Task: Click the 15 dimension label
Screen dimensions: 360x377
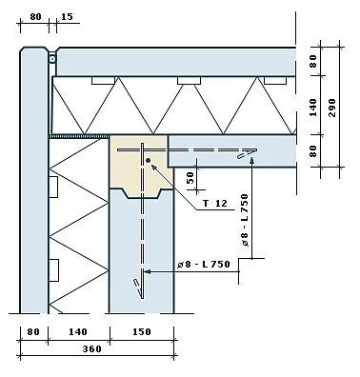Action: click(x=67, y=16)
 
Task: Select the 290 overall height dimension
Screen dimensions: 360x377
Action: click(x=332, y=108)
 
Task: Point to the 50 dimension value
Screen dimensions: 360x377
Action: click(x=190, y=177)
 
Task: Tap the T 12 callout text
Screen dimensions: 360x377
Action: click(x=215, y=203)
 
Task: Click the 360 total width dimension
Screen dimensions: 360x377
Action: click(x=92, y=349)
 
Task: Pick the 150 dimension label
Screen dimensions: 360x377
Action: click(x=142, y=332)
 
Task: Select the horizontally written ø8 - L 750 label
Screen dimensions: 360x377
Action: click(x=204, y=264)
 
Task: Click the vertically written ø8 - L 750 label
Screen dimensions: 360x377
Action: click(x=245, y=221)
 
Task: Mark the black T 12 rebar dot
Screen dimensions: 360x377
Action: click(x=148, y=161)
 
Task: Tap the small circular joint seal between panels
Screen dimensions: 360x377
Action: click(x=52, y=59)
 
